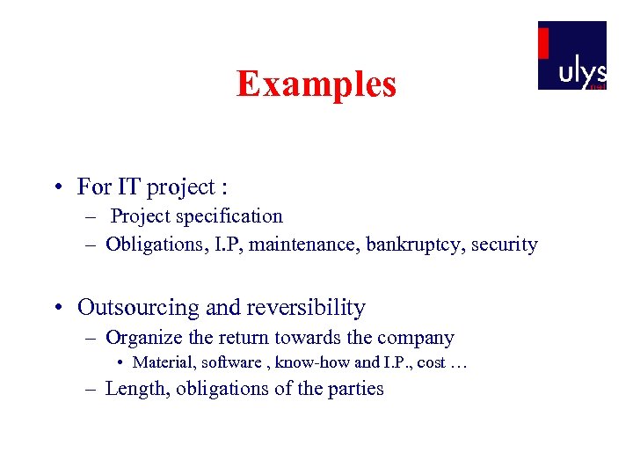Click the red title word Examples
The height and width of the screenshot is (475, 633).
point(316,84)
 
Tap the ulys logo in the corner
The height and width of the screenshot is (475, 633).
point(572,55)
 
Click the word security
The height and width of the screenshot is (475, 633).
point(505,245)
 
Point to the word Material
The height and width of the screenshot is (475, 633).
point(164,362)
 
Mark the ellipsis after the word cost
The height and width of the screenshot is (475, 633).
point(458,363)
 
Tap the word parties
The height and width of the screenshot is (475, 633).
point(357,389)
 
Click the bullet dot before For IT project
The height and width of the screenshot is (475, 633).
point(56,188)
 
